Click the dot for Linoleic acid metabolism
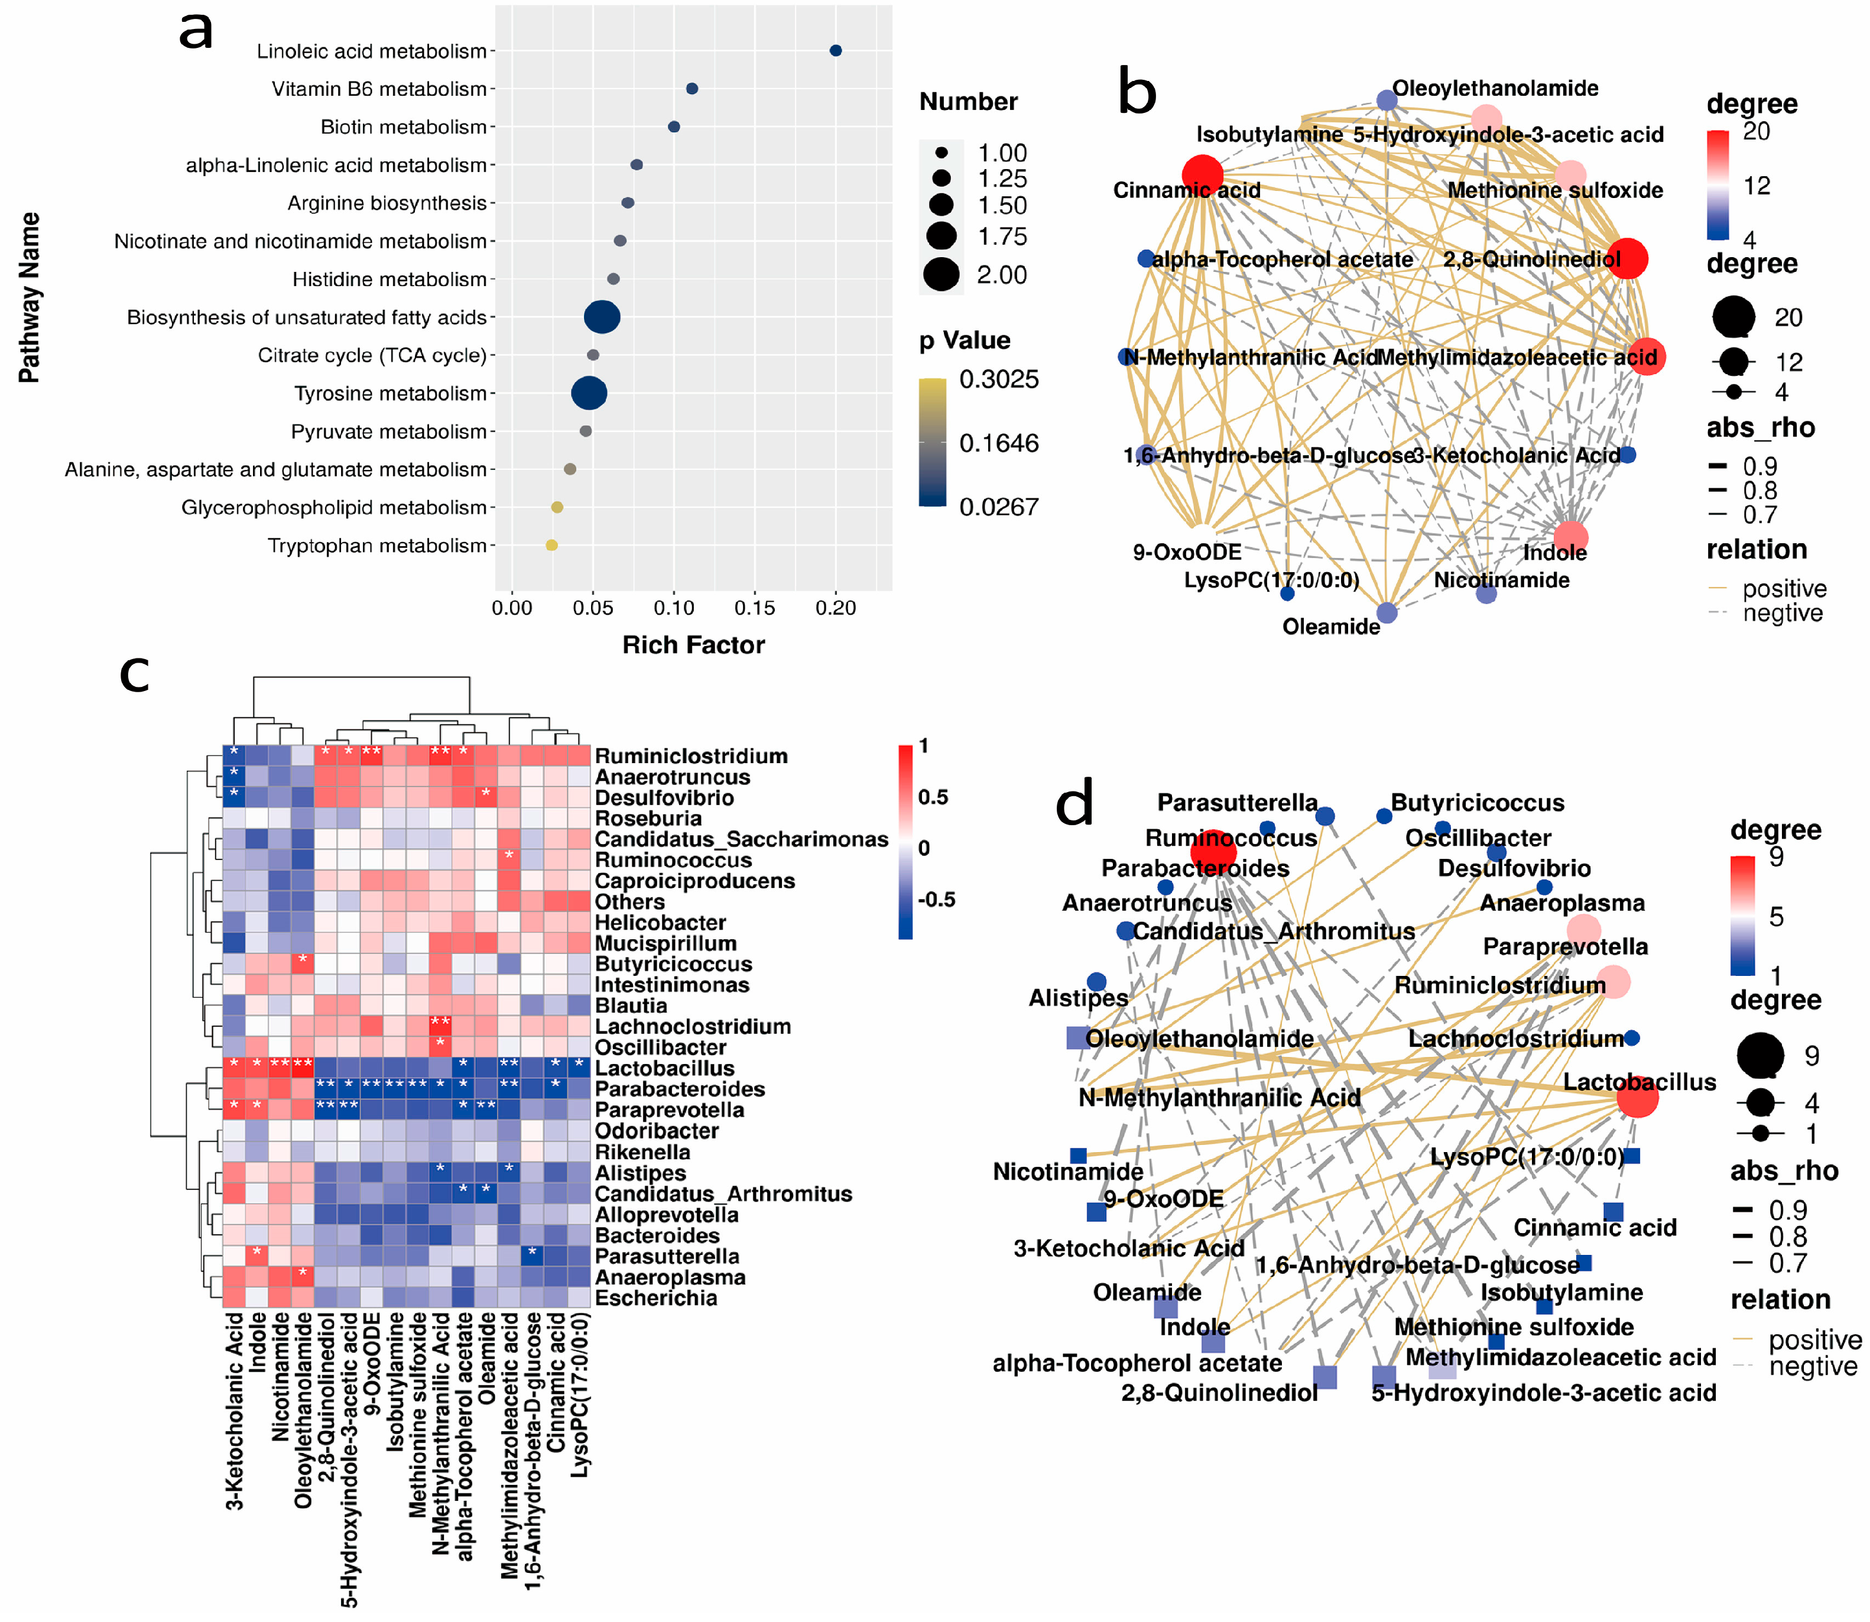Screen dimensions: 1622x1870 pyautogui.click(x=836, y=51)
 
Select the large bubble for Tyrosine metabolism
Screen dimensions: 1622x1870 pyautogui.click(x=589, y=393)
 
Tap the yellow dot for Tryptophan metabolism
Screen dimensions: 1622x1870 pyautogui.click(x=551, y=545)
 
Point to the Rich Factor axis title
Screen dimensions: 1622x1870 pyautogui.click(x=693, y=644)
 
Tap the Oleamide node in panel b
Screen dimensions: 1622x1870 pyautogui.click(x=1387, y=613)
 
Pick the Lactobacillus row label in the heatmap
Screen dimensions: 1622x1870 pyautogui.click(x=664, y=1068)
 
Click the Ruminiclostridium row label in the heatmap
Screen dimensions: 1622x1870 pyautogui.click(x=691, y=756)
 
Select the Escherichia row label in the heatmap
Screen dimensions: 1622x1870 pyautogui.click(x=655, y=1298)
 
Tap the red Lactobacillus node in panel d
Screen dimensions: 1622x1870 pyautogui.click(x=1637, y=1098)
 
